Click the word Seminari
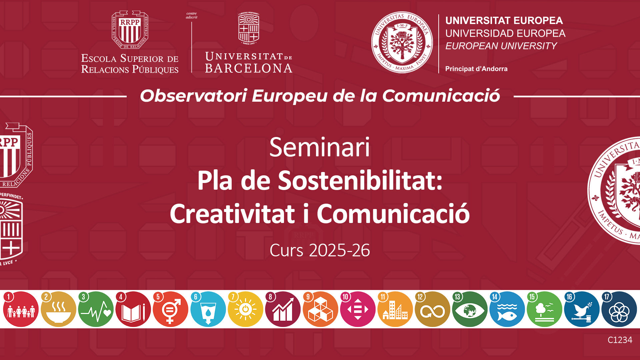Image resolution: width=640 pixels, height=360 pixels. click(x=320, y=147)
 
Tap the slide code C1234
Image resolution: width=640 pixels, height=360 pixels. click(x=620, y=340)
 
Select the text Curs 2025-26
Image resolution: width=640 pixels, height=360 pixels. click(x=320, y=250)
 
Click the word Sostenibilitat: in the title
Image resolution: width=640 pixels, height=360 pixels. click(x=360, y=180)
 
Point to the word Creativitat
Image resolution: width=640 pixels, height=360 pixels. click(x=232, y=214)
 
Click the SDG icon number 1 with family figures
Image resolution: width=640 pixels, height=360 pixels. click(x=21, y=309)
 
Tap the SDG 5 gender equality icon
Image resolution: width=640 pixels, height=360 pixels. click(x=170, y=309)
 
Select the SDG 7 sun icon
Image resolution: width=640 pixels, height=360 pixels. click(x=245, y=309)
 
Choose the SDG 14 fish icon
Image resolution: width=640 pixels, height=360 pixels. click(x=507, y=309)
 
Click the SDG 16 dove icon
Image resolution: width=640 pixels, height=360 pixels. click(x=582, y=309)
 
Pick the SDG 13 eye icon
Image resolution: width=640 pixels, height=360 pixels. click(x=470, y=309)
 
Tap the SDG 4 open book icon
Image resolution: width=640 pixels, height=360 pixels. click(x=133, y=309)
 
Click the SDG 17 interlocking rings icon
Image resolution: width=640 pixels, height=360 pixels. click(x=619, y=309)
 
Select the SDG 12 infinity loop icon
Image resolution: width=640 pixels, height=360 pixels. click(x=432, y=309)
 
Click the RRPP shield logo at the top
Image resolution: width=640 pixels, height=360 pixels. click(x=130, y=30)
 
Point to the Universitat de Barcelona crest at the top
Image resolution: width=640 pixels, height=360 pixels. click(x=249, y=28)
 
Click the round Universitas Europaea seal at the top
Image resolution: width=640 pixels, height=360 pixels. click(x=402, y=42)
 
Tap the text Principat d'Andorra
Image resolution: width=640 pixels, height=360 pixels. click(x=476, y=69)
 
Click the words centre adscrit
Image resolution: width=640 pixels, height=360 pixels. click(x=192, y=15)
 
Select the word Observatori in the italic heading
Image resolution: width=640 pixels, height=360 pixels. click(x=193, y=96)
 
